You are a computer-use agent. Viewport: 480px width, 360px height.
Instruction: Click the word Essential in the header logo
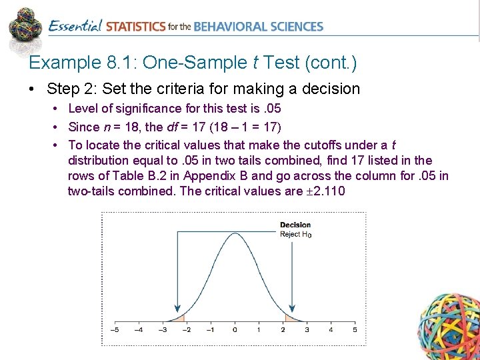[x=75, y=27]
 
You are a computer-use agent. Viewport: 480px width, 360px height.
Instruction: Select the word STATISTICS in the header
[x=136, y=27]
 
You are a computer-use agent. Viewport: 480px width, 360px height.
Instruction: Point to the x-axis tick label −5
[x=114, y=329]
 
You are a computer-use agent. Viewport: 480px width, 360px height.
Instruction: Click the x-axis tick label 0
[x=235, y=329]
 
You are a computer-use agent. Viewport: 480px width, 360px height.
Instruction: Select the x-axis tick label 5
[x=355, y=329]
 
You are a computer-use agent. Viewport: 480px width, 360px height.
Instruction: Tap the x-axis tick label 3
[x=307, y=329]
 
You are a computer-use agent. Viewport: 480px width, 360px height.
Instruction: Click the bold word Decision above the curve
[x=295, y=225]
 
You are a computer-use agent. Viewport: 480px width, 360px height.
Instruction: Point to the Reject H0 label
[x=295, y=234]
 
